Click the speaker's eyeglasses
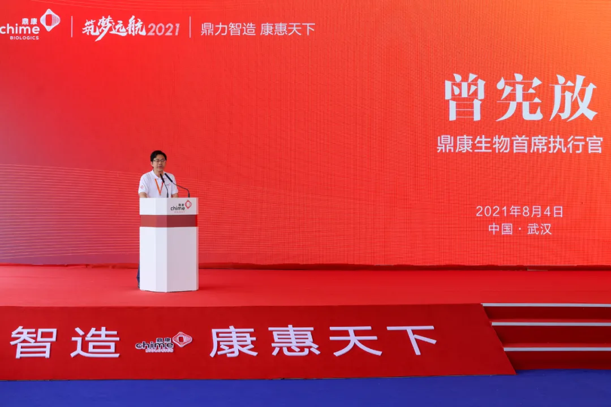click(159, 161)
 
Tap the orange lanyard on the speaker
click(159, 186)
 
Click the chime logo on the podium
click(181, 206)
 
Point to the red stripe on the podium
click(169, 221)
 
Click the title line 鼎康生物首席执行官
click(520, 144)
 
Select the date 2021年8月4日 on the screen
click(519, 211)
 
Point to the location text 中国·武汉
click(520, 228)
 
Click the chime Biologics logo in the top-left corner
click(30, 24)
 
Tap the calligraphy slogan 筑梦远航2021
click(131, 29)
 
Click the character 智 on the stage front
click(34, 342)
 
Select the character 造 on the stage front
click(96, 342)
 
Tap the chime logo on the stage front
click(163, 342)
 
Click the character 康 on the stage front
click(234, 341)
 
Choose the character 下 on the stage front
click(411, 340)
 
